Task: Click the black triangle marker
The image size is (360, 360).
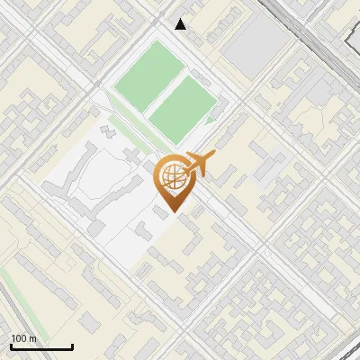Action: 181,24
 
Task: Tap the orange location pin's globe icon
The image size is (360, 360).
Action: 171,177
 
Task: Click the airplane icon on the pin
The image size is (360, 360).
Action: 199,164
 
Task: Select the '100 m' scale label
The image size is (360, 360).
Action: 23,338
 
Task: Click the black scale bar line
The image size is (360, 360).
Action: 40,347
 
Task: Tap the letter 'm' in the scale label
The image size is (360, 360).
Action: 32,338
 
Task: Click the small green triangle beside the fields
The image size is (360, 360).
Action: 211,118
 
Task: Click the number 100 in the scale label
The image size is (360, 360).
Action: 19,338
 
